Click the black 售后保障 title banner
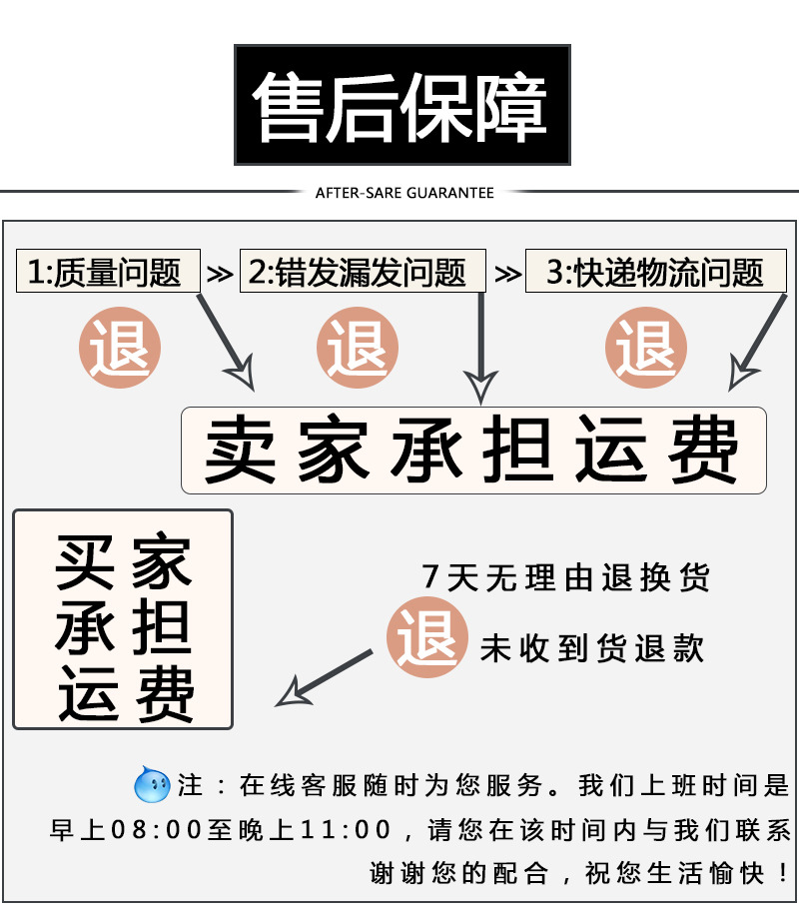pos(401,105)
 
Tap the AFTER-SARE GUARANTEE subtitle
pos(404,192)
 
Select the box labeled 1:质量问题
pos(108,272)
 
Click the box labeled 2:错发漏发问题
pos(363,272)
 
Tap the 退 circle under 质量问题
pos(120,349)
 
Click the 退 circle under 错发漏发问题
pos(358,349)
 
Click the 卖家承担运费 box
pos(473,451)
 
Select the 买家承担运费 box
pos(123,619)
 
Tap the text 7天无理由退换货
pos(566,578)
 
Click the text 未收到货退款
pos(592,648)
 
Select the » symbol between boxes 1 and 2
pos(219,273)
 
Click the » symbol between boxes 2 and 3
pos(507,273)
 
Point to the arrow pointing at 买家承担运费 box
pos(320,678)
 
